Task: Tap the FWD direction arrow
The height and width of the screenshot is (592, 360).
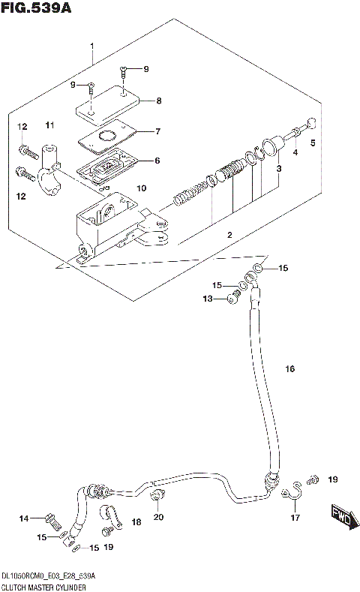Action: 340,517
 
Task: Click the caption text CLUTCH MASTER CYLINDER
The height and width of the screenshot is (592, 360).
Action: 44,585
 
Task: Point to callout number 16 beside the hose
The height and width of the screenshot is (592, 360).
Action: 290,368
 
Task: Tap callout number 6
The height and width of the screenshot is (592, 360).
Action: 157,161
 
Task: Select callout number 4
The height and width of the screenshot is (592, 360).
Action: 295,152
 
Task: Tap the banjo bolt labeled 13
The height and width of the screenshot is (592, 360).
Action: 232,300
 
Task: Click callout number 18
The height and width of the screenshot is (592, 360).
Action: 136,521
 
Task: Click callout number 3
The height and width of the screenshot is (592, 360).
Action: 278,169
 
